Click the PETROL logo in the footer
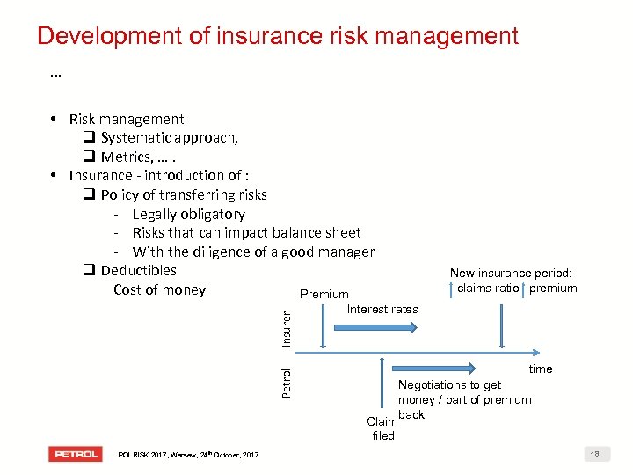tap(76, 454)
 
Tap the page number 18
tap(595, 454)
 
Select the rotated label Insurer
tap(286, 326)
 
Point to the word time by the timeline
tap(540, 369)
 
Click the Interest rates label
tap(382, 309)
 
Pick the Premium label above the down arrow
tap(324, 294)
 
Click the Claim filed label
tap(382, 428)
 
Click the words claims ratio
tap(487, 288)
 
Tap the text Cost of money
tap(159, 289)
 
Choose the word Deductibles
tap(138, 270)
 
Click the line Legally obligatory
tap(188, 214)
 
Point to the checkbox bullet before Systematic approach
tap(89, 138)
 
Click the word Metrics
tap(125, 157)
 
